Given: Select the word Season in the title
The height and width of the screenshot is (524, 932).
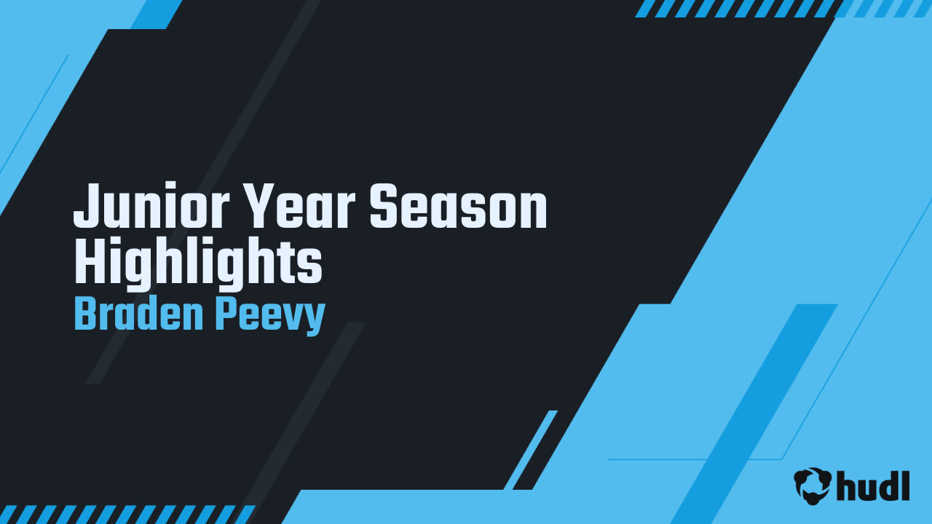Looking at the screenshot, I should [x=458, y=207].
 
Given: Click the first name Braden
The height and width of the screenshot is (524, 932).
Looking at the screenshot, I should [x=136, y=314].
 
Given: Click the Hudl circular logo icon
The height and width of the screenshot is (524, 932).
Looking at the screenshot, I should [x=813, y=485].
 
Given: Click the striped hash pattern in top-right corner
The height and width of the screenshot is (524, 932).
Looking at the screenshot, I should [x=783, y=8].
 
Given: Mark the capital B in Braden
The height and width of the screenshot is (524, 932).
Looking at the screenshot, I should [x=85, y=314].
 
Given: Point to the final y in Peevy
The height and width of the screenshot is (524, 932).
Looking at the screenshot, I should [x=314, y=319].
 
